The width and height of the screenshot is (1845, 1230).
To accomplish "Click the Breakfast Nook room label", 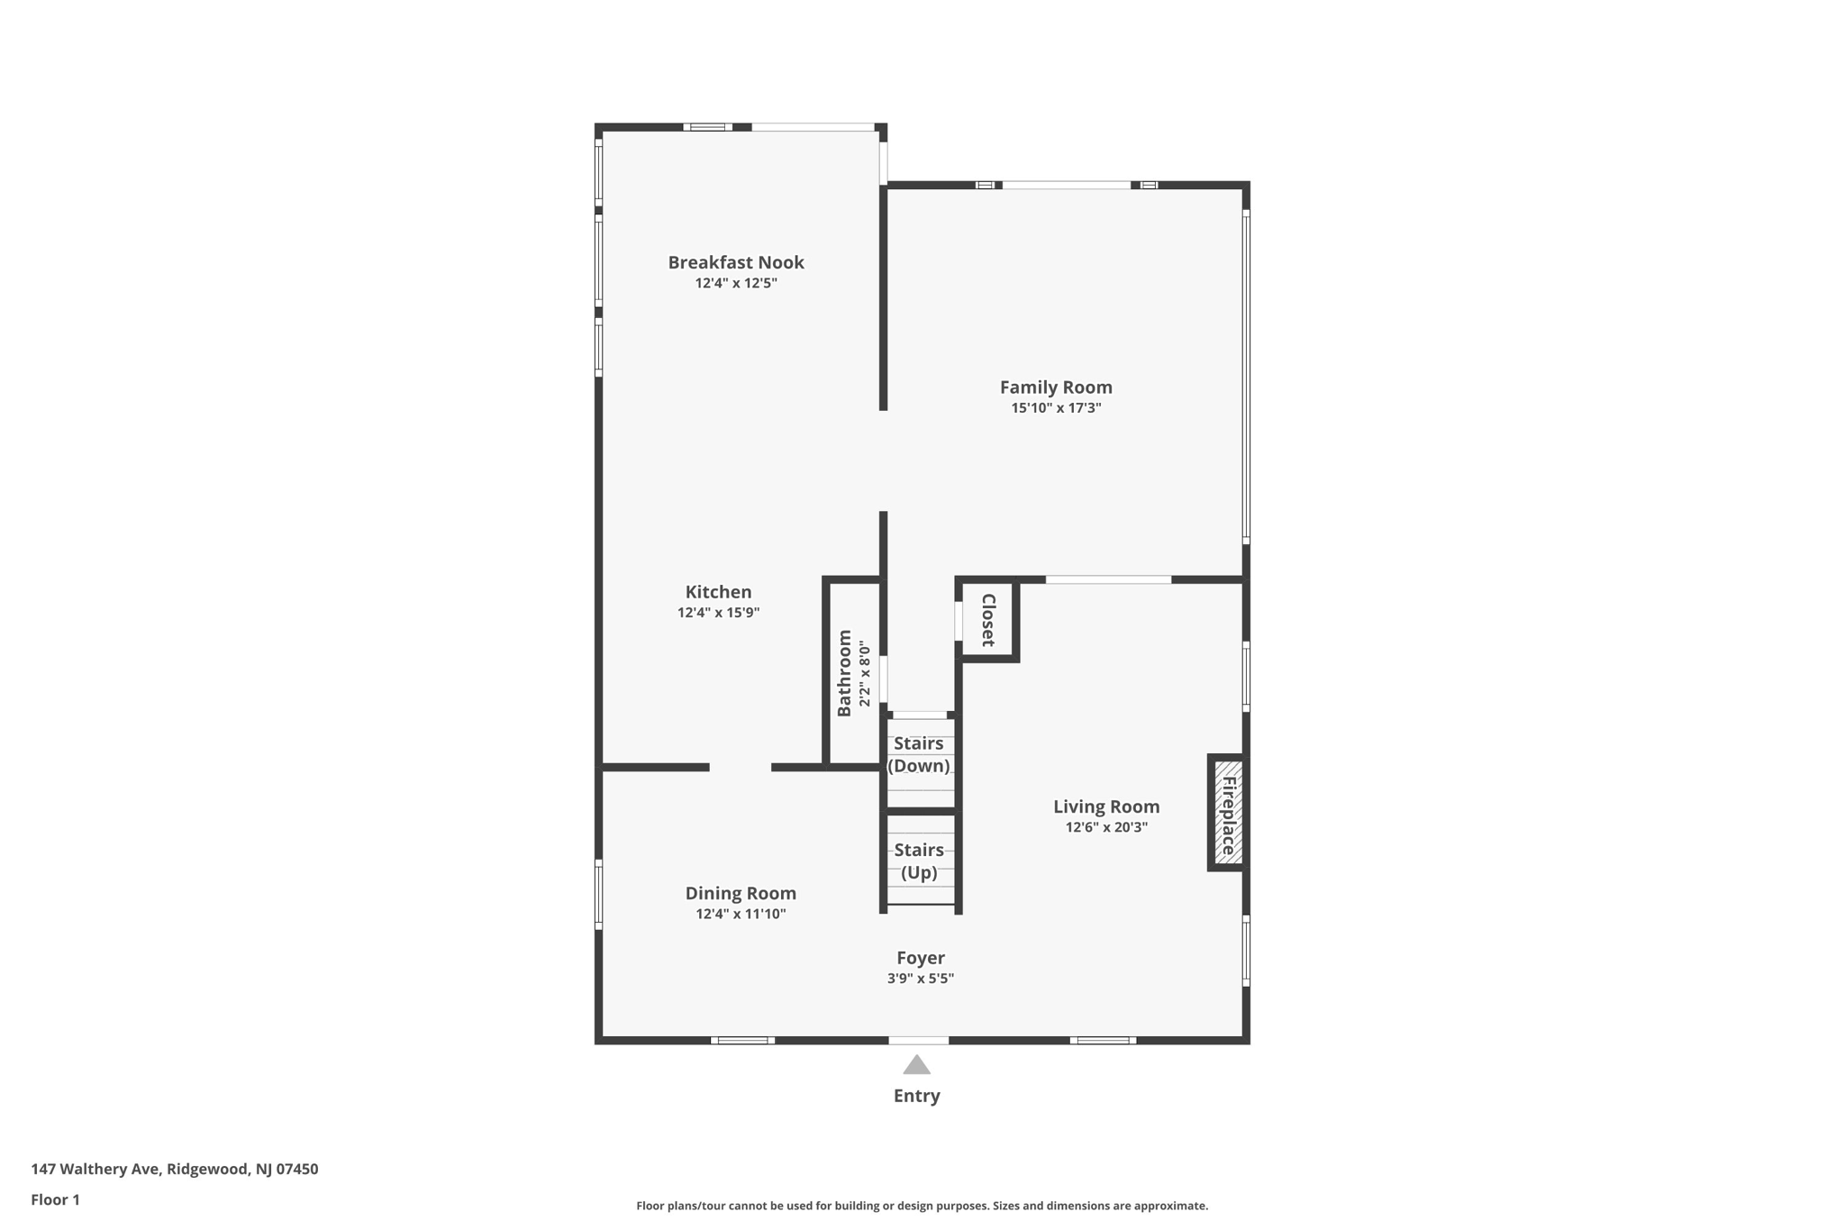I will pyautogui.click(x=735, y=262).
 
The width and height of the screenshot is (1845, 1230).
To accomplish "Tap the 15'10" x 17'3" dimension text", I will pyautogui.click(x=1056, y=408).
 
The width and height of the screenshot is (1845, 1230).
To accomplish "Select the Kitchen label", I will pyautogui.click(x=718, y=592).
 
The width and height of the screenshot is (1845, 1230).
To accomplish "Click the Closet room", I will pyautogui.click(x=988, y=620).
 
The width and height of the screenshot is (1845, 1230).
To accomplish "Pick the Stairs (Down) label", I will pyautogui.click(x=918, y=754).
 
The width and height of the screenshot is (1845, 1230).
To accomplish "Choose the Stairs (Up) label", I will pyautogui.click(x=918, y=861).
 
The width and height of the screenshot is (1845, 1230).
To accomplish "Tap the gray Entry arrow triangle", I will pyautogui.click(x=916, y=1066).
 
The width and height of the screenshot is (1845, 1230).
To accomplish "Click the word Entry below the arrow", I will pyautogui.click(x=916, y=1096).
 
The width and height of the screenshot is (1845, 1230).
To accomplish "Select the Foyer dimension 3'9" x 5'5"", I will pyautogui.click(x=920, y=979).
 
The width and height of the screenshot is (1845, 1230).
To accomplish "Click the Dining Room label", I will pyautogui.click(x=740, y=893).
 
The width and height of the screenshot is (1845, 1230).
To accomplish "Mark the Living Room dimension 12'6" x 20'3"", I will pyautogui.click(x=1106, y=827).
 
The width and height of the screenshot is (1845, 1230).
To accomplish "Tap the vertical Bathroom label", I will pyautogui.click(x=844, y=673).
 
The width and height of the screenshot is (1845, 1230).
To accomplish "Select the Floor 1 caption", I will pyautogui.click(x=55, y=1199).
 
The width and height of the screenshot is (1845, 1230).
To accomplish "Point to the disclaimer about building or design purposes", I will pyautogui.click(x=922, y=1206).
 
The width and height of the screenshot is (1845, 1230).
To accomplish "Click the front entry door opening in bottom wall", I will pyautogui.click(x=918, y=1041).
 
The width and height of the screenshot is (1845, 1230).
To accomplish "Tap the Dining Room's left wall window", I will pyautogui.click(x=598, y=894).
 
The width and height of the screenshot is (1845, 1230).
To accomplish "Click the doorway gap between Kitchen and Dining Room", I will pyautogui.click(x=740, y=768).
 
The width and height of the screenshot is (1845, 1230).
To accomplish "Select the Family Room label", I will pyautogui.click(x=1056, y=387).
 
